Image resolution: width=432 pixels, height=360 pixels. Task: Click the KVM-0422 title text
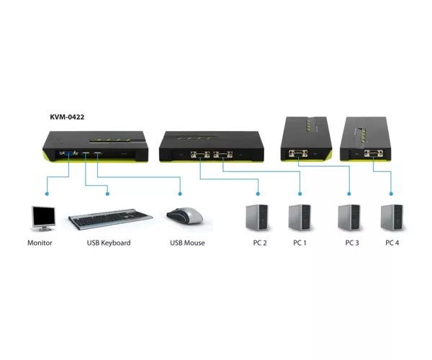click(67, 117)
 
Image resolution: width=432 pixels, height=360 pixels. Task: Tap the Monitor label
click(40, 243)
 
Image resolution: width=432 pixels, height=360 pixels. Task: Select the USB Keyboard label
click(109, 243)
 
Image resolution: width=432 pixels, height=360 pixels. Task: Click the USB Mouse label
click(187, 243)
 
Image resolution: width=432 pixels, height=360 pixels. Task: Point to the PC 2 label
click(260, 243)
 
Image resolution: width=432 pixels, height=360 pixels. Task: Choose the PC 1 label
click(300, 243)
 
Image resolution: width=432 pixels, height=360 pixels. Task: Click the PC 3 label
click(352, 243)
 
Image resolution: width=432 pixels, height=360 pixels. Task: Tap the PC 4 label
click(392, 243)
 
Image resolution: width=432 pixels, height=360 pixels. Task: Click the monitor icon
click(43, 219)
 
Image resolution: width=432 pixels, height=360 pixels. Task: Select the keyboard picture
click(110, 219)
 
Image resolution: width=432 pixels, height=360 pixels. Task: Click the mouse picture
click(185, 215)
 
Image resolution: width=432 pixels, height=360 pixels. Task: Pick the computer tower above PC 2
click(257, 217)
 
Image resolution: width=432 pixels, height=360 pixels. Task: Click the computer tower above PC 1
click(300, 217)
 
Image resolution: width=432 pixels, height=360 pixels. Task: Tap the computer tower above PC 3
click(349, 217)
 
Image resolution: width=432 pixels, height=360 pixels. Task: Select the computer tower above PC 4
click(392, 217)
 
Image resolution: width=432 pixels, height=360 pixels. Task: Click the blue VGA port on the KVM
click(69, 153)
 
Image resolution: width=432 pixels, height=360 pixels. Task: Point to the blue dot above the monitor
click(47, 194)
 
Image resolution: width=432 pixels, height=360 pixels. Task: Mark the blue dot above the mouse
click(180, 194)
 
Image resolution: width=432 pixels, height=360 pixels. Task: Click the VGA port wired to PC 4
click(374, 153)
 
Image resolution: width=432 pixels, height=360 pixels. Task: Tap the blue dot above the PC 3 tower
click(349, 194)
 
